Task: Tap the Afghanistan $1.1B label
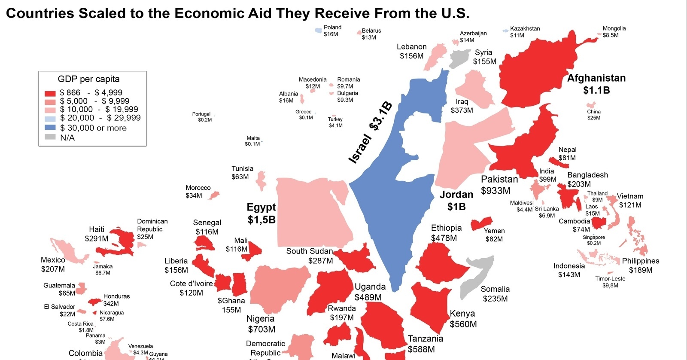596,84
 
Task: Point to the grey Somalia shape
477,275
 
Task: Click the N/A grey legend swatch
50,137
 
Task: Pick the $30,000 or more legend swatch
50,128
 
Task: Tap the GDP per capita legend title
88,79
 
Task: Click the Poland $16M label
332,31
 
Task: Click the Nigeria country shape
279,288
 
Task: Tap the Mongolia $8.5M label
614,32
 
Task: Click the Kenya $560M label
463,319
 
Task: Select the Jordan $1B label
456,201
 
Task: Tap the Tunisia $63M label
242,173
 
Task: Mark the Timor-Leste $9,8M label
610,282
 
